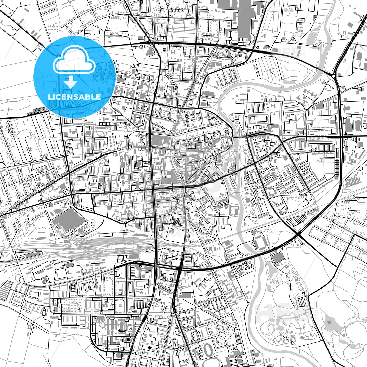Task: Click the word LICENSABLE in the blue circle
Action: pyautogui.click(x=74, y=97)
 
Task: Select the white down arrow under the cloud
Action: pyautogui.click(x=71, y=82)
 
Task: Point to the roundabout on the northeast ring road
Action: pyautogui.click(x=333, y=76)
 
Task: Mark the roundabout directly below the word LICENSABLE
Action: pyautogui.click(x=59, y=108)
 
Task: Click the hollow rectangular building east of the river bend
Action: pyautogui.click(x=257, y=119)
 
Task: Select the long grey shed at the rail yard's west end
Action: pyautogui.click(x=25, y=254)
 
